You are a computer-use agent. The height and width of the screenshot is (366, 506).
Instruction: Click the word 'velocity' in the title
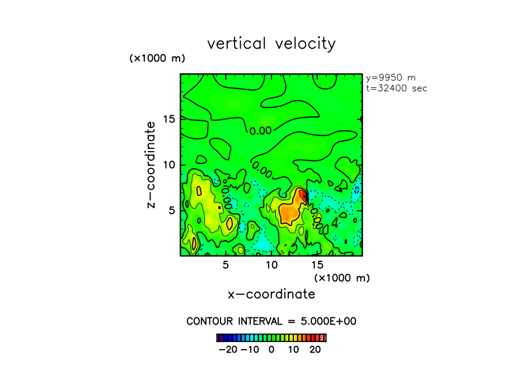click(306, 44)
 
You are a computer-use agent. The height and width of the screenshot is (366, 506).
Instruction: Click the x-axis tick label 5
click(226, 264)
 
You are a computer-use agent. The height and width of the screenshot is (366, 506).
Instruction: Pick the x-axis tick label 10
click(271, 264)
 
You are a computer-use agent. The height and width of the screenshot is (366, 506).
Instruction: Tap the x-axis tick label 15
click(317, 264)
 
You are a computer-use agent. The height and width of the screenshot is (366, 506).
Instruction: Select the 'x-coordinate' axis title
click(271, 294)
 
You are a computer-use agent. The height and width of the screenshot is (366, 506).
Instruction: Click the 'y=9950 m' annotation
click(391, 78)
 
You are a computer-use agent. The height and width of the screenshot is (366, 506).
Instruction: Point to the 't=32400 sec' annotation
click(396, 88)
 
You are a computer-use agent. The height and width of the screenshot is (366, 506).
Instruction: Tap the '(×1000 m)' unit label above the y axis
click(157, 58)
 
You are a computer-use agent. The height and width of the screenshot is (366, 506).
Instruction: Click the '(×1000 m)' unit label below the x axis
click(342, 278)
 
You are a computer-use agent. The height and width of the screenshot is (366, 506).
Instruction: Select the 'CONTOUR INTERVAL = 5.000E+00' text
click(271, 321)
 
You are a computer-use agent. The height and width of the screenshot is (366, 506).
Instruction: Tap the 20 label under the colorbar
click(315, 349)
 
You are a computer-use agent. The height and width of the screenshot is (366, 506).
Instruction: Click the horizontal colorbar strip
click(271, 337)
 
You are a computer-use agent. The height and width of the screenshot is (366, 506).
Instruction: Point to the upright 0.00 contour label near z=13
click(260, 131)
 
